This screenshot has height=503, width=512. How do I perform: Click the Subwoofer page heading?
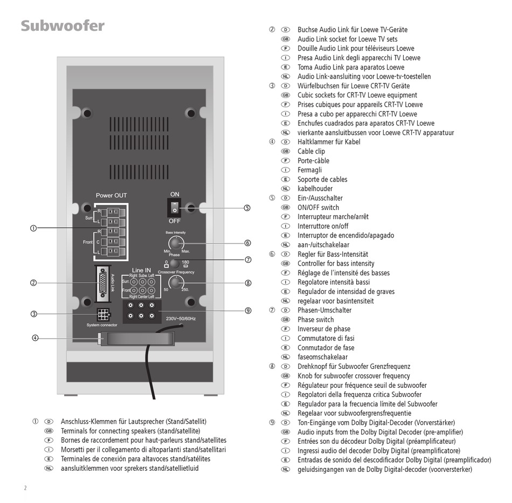(63, 26)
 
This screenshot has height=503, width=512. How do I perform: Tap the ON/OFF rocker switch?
(175, 207)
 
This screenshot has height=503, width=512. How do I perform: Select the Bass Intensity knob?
(176, 243)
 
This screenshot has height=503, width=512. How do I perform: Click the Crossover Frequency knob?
(176, 283)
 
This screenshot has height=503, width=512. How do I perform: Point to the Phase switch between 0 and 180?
(175, 263)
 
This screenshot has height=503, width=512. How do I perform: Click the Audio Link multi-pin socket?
(103, 283)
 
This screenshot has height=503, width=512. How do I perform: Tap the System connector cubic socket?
(103, 315)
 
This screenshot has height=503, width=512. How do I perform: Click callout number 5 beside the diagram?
(247, 208)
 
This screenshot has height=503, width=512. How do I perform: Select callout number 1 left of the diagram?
(33, 228)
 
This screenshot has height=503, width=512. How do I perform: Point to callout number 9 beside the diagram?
(248, 311)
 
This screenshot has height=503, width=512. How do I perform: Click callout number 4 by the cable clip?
(35, 338)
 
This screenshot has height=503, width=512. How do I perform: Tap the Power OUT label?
(111, 195)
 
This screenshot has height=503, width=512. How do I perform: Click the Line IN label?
(141, 270)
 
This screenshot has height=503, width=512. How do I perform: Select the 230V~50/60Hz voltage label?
(181, 318)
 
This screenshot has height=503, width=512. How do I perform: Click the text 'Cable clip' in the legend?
(311, 151)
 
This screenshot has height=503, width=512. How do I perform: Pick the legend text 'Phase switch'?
(316, 320)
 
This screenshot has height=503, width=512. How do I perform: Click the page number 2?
(25, 488)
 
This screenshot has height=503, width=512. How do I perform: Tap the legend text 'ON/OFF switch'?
(319, 207)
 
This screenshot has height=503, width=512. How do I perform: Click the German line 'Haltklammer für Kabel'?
(329, 142)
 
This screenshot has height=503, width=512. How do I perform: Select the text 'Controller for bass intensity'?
(336, 263)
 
